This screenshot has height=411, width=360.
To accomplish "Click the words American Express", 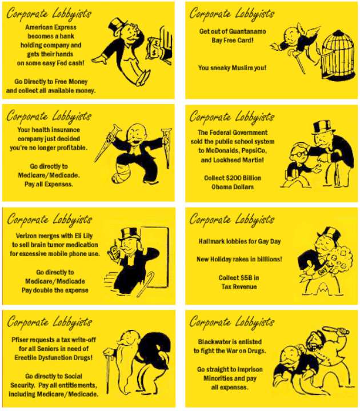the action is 51,27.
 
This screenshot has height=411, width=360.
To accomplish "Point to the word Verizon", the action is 26,236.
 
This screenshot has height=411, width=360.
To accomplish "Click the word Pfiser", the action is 19,340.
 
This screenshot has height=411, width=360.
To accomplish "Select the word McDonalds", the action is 222,151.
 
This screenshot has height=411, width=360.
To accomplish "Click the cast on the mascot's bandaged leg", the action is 121,172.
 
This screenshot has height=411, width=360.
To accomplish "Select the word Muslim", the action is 243,68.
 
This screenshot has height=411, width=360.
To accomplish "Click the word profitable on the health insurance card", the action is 71,148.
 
